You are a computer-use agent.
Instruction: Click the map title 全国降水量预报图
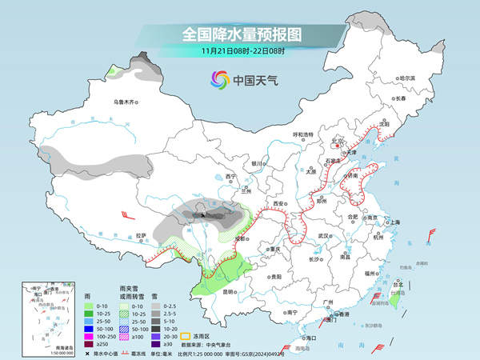[241, 35]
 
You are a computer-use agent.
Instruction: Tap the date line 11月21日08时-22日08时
[241, 51]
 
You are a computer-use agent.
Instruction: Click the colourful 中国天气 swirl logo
[219, 80]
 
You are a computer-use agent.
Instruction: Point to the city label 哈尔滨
[407, 78]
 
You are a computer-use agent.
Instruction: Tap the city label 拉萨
[141, 235]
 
